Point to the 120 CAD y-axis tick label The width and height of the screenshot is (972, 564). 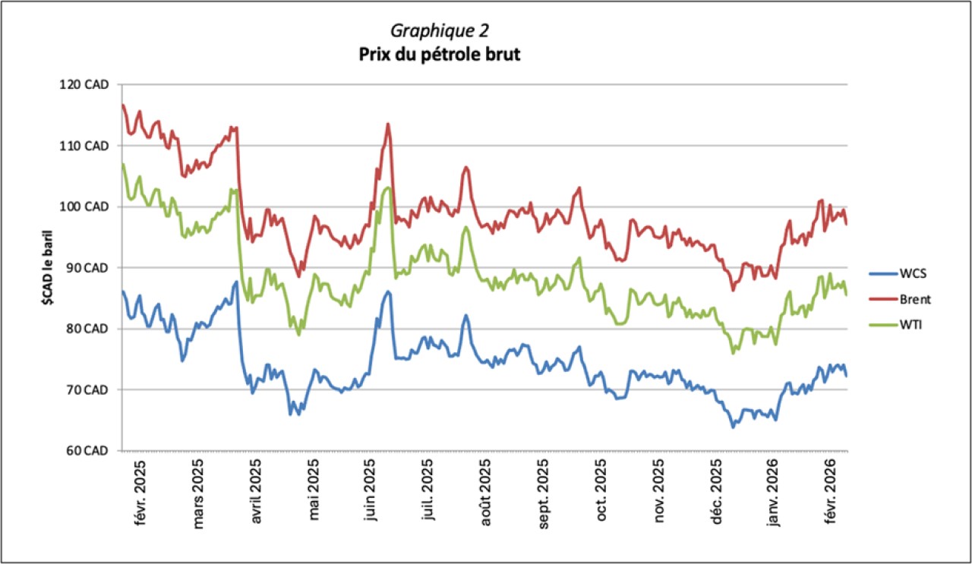84,84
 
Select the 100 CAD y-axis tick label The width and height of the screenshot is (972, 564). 84,206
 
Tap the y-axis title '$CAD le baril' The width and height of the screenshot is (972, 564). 46,267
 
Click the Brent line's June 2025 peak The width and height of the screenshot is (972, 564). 388,124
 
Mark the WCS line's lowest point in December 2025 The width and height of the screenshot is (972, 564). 733,427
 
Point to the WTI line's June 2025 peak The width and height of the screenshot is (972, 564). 388,187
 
